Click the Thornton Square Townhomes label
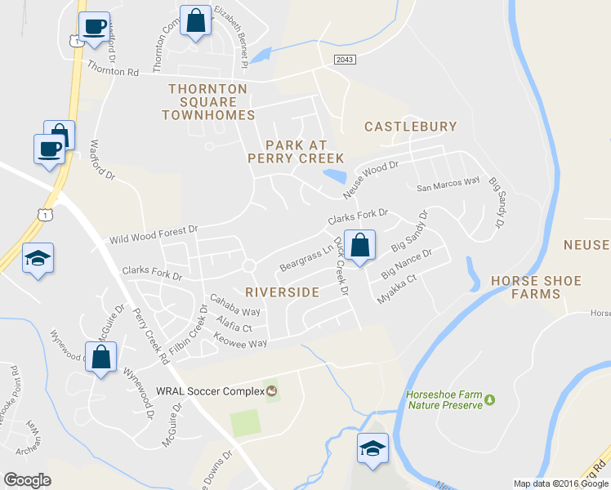click(208, 102)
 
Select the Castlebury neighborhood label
click(410, 127)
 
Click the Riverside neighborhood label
click(282, 292)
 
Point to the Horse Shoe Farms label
click(536, 287)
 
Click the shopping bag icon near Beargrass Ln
click(359, 245)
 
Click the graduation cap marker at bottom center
click(372, 448)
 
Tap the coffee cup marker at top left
click(95, 27)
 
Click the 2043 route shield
click(345, 60)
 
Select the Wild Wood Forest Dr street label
click(154, 235)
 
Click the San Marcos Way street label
click(448, 184)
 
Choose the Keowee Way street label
click(240, 342)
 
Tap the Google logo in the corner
click(27, 480)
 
